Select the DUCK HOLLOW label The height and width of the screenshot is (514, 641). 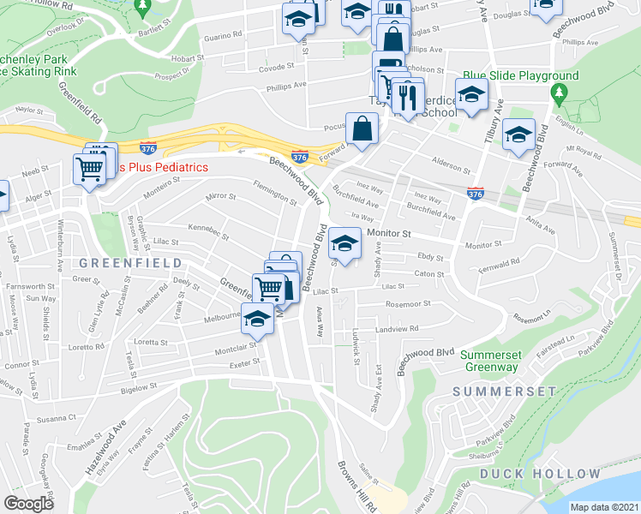coord(540,474)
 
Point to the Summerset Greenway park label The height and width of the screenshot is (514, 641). coord(501,361)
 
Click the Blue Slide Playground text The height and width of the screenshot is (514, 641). coord(521,75)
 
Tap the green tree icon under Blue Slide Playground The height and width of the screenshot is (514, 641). coord(560,92)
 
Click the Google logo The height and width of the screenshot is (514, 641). coord(28,503)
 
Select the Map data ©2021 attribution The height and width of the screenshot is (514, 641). coord(603,506)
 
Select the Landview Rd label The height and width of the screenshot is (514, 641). coord(395,328)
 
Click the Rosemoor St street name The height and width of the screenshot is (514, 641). coord(407,303)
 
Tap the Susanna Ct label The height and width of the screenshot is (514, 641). coord(57,418)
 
